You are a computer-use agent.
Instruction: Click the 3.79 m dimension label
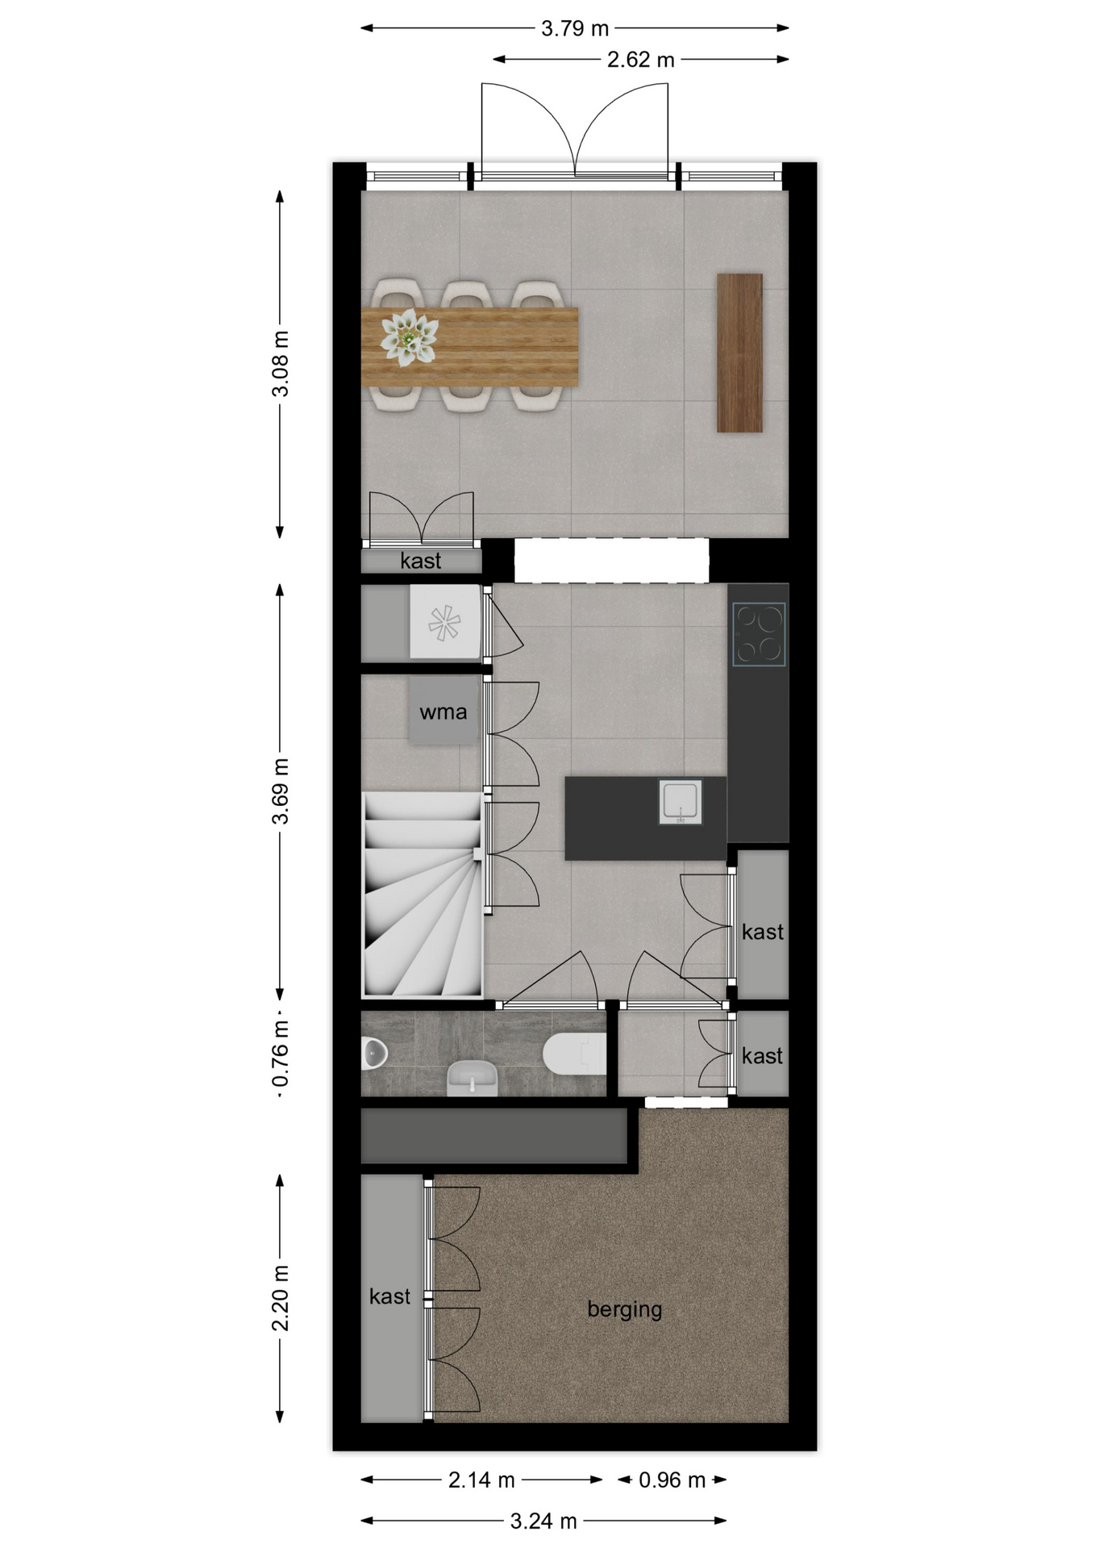tap(574, 29)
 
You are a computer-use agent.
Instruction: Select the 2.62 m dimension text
tap(641, 60)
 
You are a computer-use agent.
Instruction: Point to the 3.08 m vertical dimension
tap(281, 364)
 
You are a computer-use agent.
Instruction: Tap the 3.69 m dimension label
tap(281, 791)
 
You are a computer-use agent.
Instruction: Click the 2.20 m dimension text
tap(281, 1298)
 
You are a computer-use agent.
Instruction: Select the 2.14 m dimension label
tap(481, 1480)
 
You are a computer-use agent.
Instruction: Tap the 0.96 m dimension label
tap(672, 1480)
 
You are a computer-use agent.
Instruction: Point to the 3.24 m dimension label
tap(543, 1521)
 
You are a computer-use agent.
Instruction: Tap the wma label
tap(443, 712)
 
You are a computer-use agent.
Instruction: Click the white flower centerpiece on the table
tap(409, 336)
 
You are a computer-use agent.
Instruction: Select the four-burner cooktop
tap(759, 634)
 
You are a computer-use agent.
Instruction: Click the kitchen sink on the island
tap(680, 802)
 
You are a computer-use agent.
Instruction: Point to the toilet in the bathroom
tap(574, 1053)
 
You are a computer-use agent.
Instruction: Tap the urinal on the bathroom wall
tap(374, 1052)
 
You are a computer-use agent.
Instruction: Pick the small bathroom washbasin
tap(472, 1078)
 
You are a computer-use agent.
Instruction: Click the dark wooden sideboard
tap(740, 353)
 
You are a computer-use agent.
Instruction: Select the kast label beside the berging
tap(389, 1296)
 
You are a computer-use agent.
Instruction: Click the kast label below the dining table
tap(421, 561)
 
